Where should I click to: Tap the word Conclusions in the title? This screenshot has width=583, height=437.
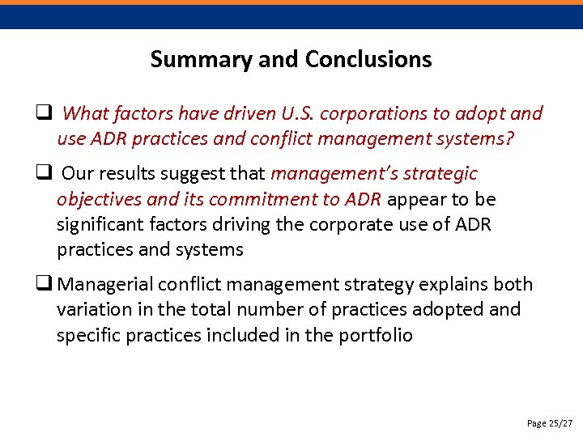click(x=369, y=60)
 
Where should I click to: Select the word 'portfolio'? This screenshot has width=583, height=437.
click(x=375, y=335)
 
